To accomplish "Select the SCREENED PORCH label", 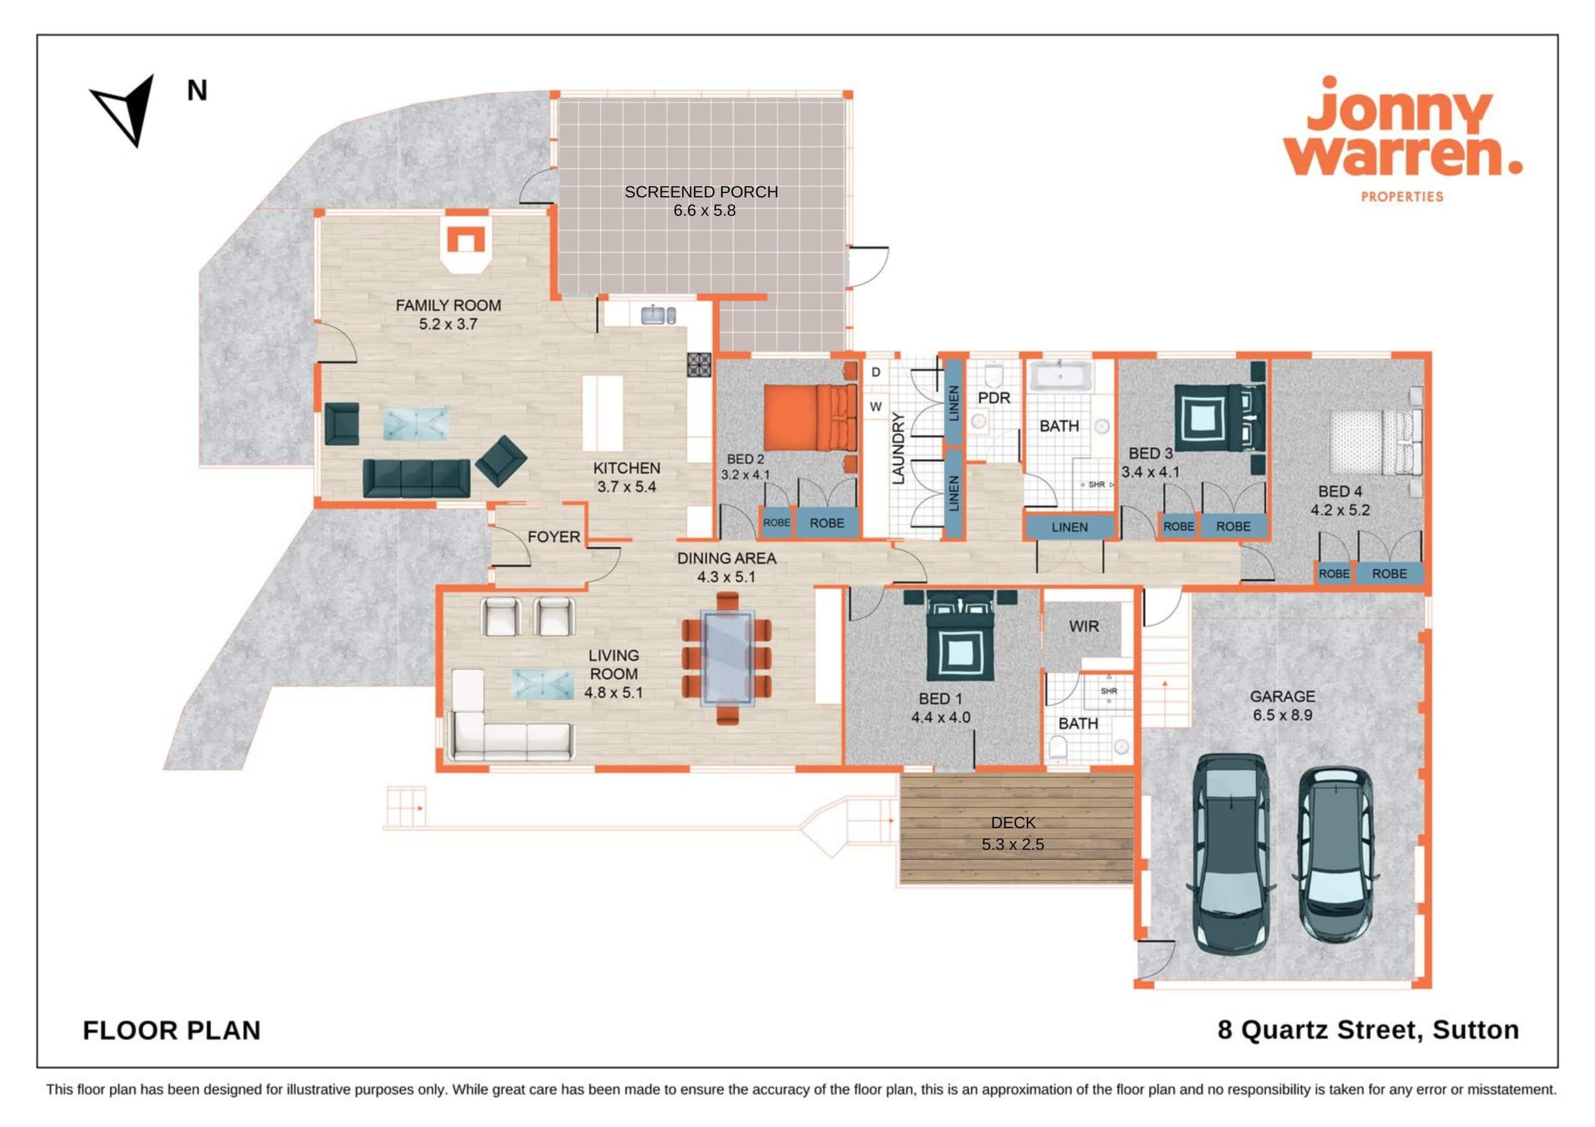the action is tap(701, 200).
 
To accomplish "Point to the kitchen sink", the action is tap(657, 315).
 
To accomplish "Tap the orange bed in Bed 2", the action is tap(811, 418).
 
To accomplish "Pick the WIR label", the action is tap(1083, 626).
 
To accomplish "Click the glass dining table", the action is tap(727, 658).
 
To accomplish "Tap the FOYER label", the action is tap(554, 537).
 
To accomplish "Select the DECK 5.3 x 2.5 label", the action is tap(1013, 833).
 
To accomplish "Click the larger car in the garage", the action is tap(1230, 854).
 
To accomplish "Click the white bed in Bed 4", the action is tap(1376, 441).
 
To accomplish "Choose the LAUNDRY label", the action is tap(898, 448).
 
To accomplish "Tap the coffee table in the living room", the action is tap(543, 683).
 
